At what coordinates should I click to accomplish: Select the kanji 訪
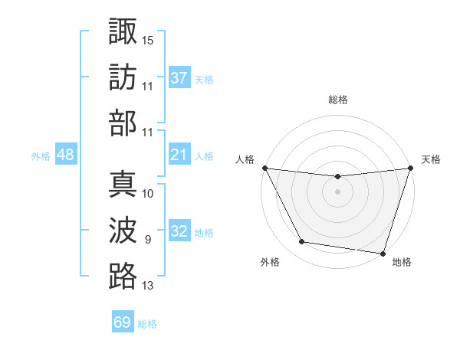[x=123, y=77]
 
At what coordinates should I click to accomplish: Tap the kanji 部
[x=123, y=123]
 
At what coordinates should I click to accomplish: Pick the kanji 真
[x=123, y=185]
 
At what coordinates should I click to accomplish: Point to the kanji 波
[x=123, y=231]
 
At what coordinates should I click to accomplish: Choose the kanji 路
[x=123, y=277]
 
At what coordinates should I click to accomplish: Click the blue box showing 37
[x=179, y=78]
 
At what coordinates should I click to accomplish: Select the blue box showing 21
[x=179, y=155]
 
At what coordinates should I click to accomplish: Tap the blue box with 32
[x=179, y=232]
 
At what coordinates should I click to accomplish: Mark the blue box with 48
[x=65, y=155]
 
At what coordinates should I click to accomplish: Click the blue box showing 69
[x=123, y=322]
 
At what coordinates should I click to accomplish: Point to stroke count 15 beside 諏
[x=148, y=38]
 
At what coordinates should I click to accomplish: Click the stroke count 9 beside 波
[x=148, y=240]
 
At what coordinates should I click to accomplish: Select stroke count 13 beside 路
[x=148, y=286]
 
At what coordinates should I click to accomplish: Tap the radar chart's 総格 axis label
[x=337, y=100]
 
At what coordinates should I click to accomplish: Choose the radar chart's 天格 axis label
[x=431, y=159]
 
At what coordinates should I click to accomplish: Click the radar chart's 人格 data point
[x=264, y=168]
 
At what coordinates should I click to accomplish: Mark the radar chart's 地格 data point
[x=383, y=253]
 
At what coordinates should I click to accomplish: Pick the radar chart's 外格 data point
[x=302, y=242]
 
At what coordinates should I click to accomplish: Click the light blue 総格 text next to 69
[x=147, y=324]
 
